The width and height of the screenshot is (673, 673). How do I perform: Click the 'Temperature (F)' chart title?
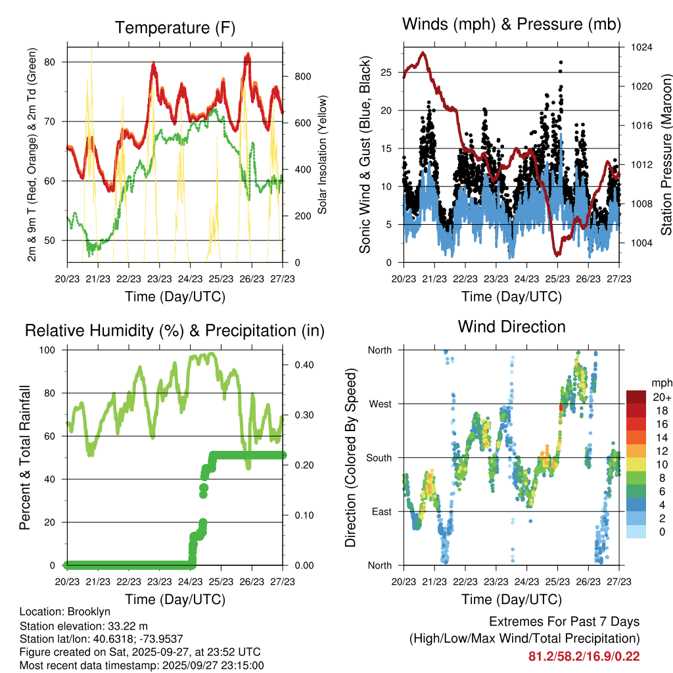click(174, 28)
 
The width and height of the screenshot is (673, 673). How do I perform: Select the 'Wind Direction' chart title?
click(511, 327)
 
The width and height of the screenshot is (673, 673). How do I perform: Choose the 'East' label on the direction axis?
click(381, 511)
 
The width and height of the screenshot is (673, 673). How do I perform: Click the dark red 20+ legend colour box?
click(638, 397)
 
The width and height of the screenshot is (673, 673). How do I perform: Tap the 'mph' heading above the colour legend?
click(661, 383)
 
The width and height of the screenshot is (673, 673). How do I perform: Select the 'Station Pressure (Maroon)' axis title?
click(665, 154)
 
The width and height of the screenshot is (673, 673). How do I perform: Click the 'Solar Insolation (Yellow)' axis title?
click(323, 155)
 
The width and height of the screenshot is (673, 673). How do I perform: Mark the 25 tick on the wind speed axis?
click(386, 72)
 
